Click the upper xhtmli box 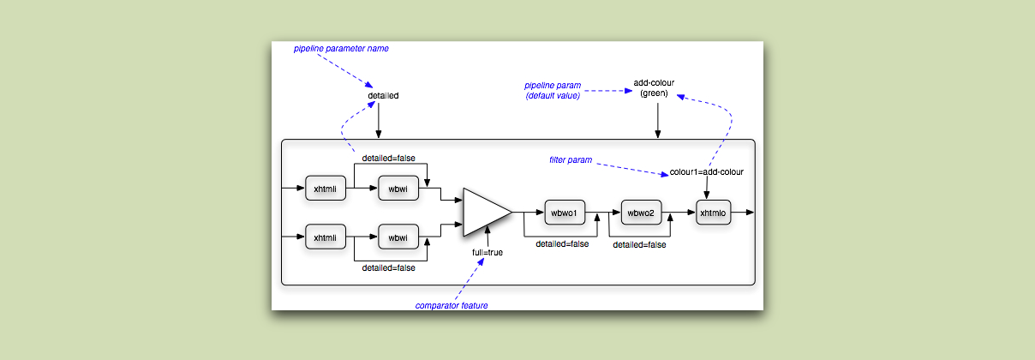coord(326,188)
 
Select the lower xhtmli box coord(326,237)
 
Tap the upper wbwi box coord(398,188)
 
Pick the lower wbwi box coord(398,237)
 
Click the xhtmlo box coord(713,213)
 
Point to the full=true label coord(488,254)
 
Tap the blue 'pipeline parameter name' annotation coord(341,49)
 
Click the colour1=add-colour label coord(707,171)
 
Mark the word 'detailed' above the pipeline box coord(383,95)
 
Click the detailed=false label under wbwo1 coord(562,244)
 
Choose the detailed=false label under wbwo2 coord(639,244)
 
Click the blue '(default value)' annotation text coord(553,96)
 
